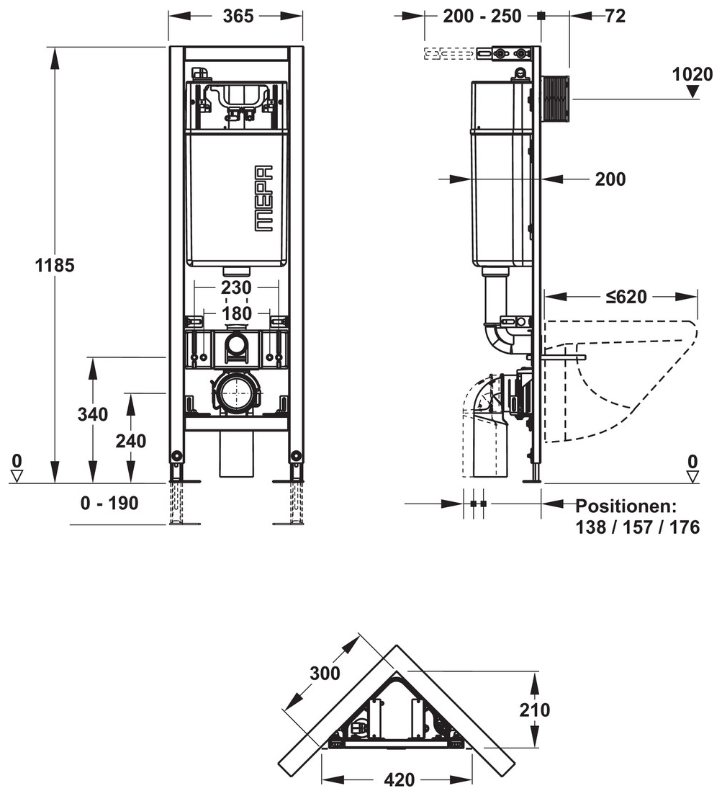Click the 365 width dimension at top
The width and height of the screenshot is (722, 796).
pyautogui.click(x=238, y=16)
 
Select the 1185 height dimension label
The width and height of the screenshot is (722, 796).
pyautogui.click(x=55, y=265)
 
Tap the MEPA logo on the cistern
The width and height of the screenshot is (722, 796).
pyautogui.click(x=264, y=197)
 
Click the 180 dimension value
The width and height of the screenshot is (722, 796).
pyautogui.click(x=236, y=313)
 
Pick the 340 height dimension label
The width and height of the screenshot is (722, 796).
pyautogui.click(x=93, y=414)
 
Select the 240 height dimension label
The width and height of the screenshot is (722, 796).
pyautogui.click(x=131, y=440)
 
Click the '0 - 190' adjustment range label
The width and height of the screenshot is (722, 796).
pyautogui.click(x=109, y=504)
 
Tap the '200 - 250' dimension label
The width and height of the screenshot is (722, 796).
pyautogui.click(x=482, y=16)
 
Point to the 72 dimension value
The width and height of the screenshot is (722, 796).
pyautogui.click(x=615, y=16)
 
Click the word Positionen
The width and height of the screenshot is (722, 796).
pyautogui.click(x=626, y=506)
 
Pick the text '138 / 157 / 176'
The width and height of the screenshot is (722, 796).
pyautogui.click(x=637, y=527)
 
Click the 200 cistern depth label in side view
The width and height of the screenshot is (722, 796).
pyautogui.click(x=610, y=179)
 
